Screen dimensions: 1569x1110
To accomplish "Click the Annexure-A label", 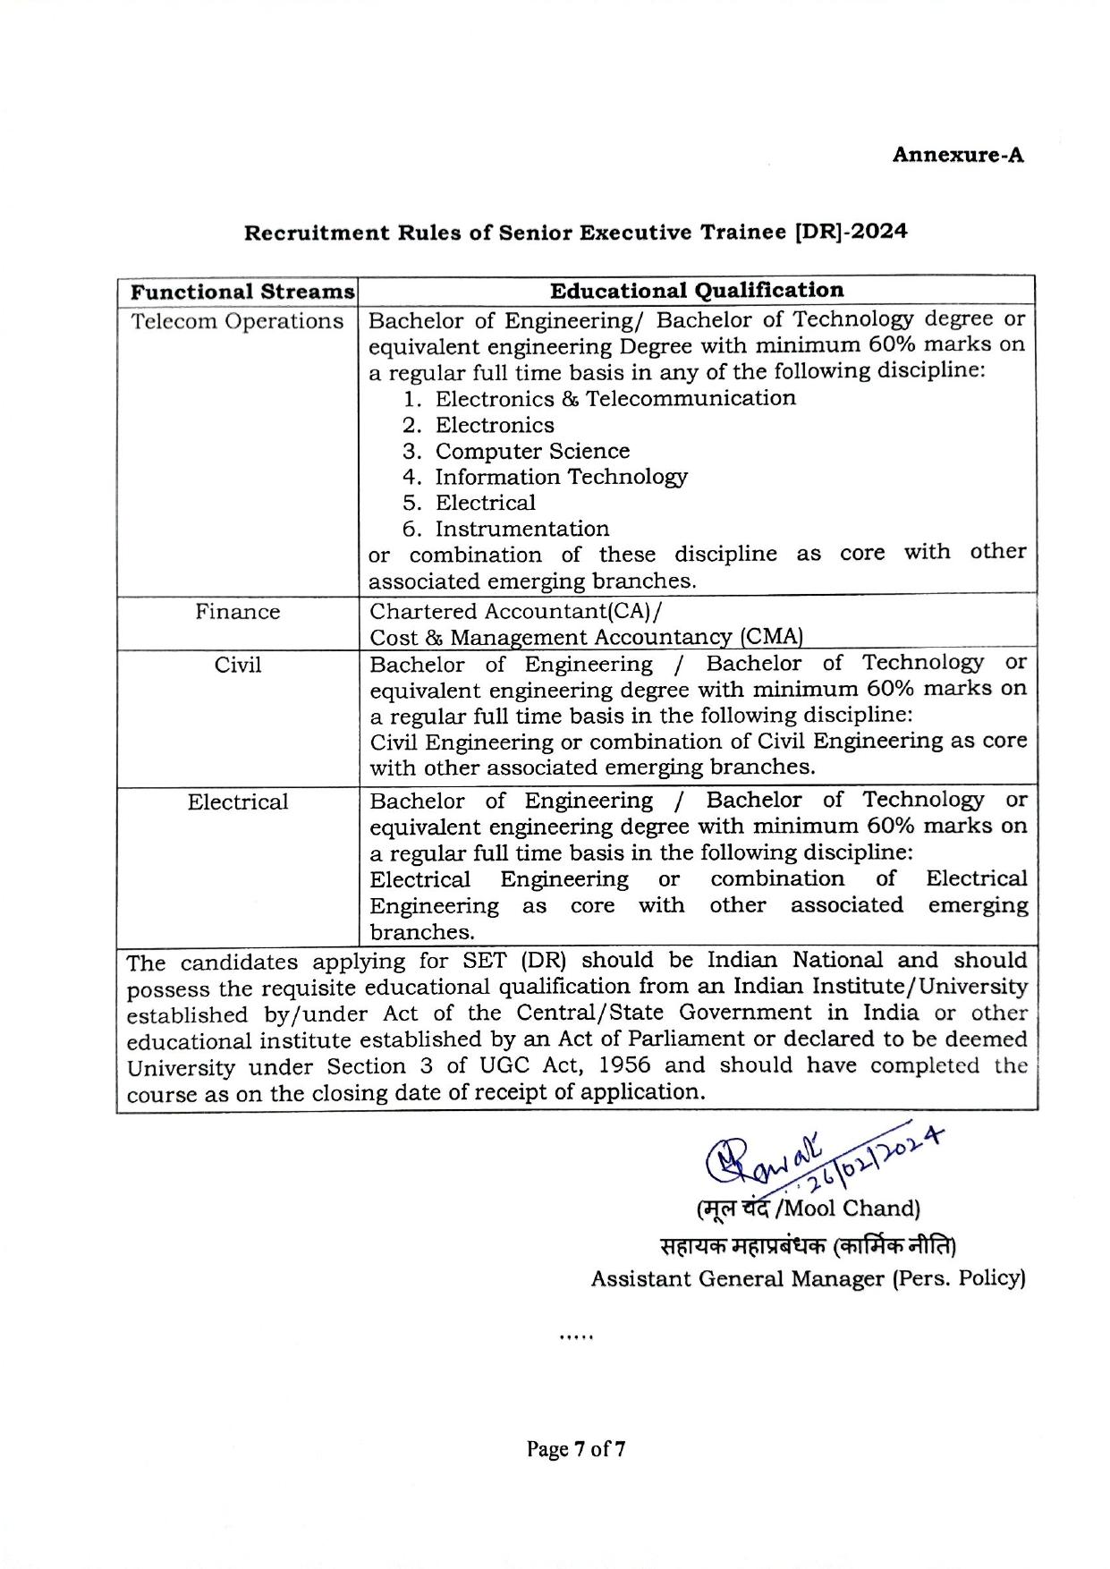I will coord(957,155).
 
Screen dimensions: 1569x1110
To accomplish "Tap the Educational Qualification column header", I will coord(696,291).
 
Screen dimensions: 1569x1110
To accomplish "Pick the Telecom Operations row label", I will coord(238,321).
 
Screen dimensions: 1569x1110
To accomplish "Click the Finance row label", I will coord(238,612).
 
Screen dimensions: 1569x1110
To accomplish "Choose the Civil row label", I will coord(238,665).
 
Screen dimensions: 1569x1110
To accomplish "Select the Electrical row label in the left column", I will coord(238,801).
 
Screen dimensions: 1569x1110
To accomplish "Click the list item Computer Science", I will coord(532,451).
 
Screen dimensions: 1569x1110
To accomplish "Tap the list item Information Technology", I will coord(561,477).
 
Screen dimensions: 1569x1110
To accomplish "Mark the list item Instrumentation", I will coord(522,529).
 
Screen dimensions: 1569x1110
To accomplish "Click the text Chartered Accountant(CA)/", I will coord(517,611).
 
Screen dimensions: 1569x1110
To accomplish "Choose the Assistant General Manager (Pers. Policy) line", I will coord(807,1278).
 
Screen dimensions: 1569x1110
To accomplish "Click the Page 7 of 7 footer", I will coord(575,1448).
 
